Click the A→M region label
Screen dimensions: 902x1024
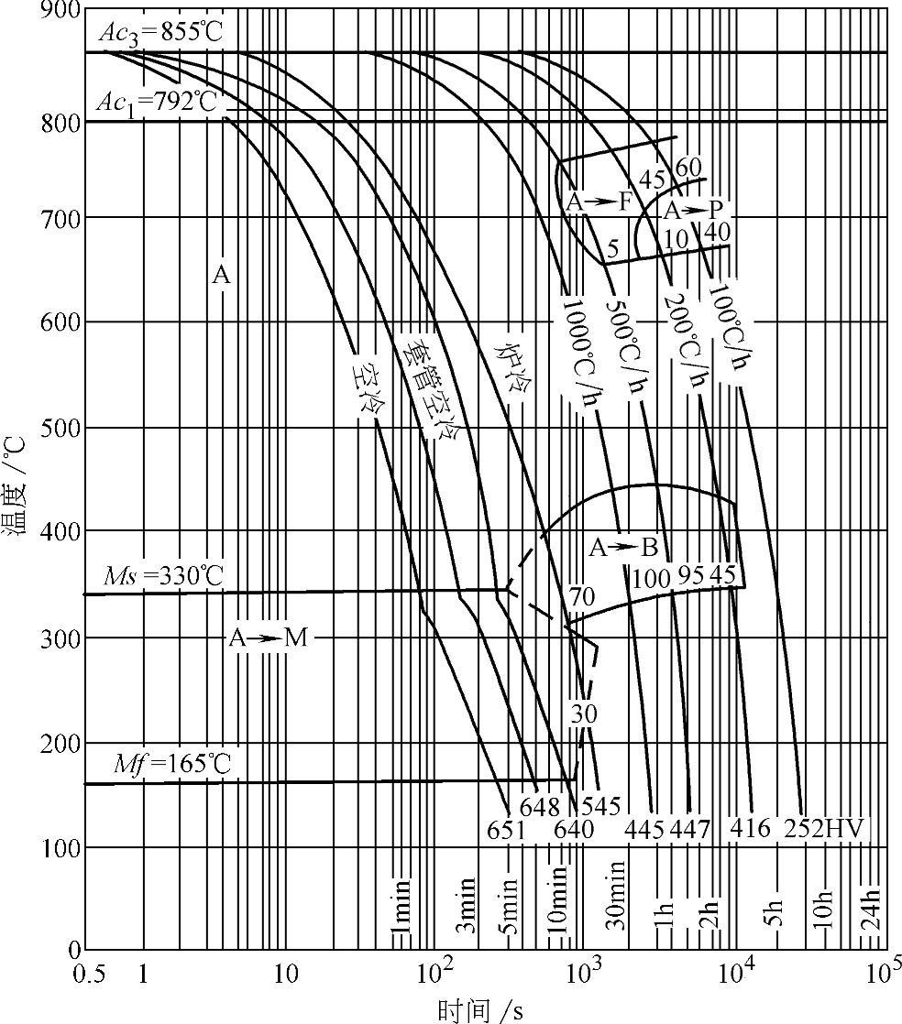(x=269, y=638)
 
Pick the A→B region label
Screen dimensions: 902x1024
(x=623, y=549)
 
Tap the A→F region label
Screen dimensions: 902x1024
(x=599, y=202)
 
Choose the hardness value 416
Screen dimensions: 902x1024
(x=752, y=829)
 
